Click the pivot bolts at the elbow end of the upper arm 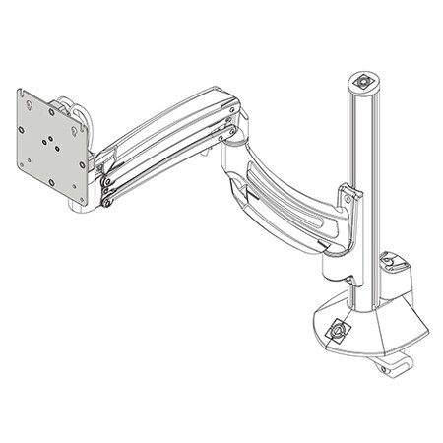point(229,127)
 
